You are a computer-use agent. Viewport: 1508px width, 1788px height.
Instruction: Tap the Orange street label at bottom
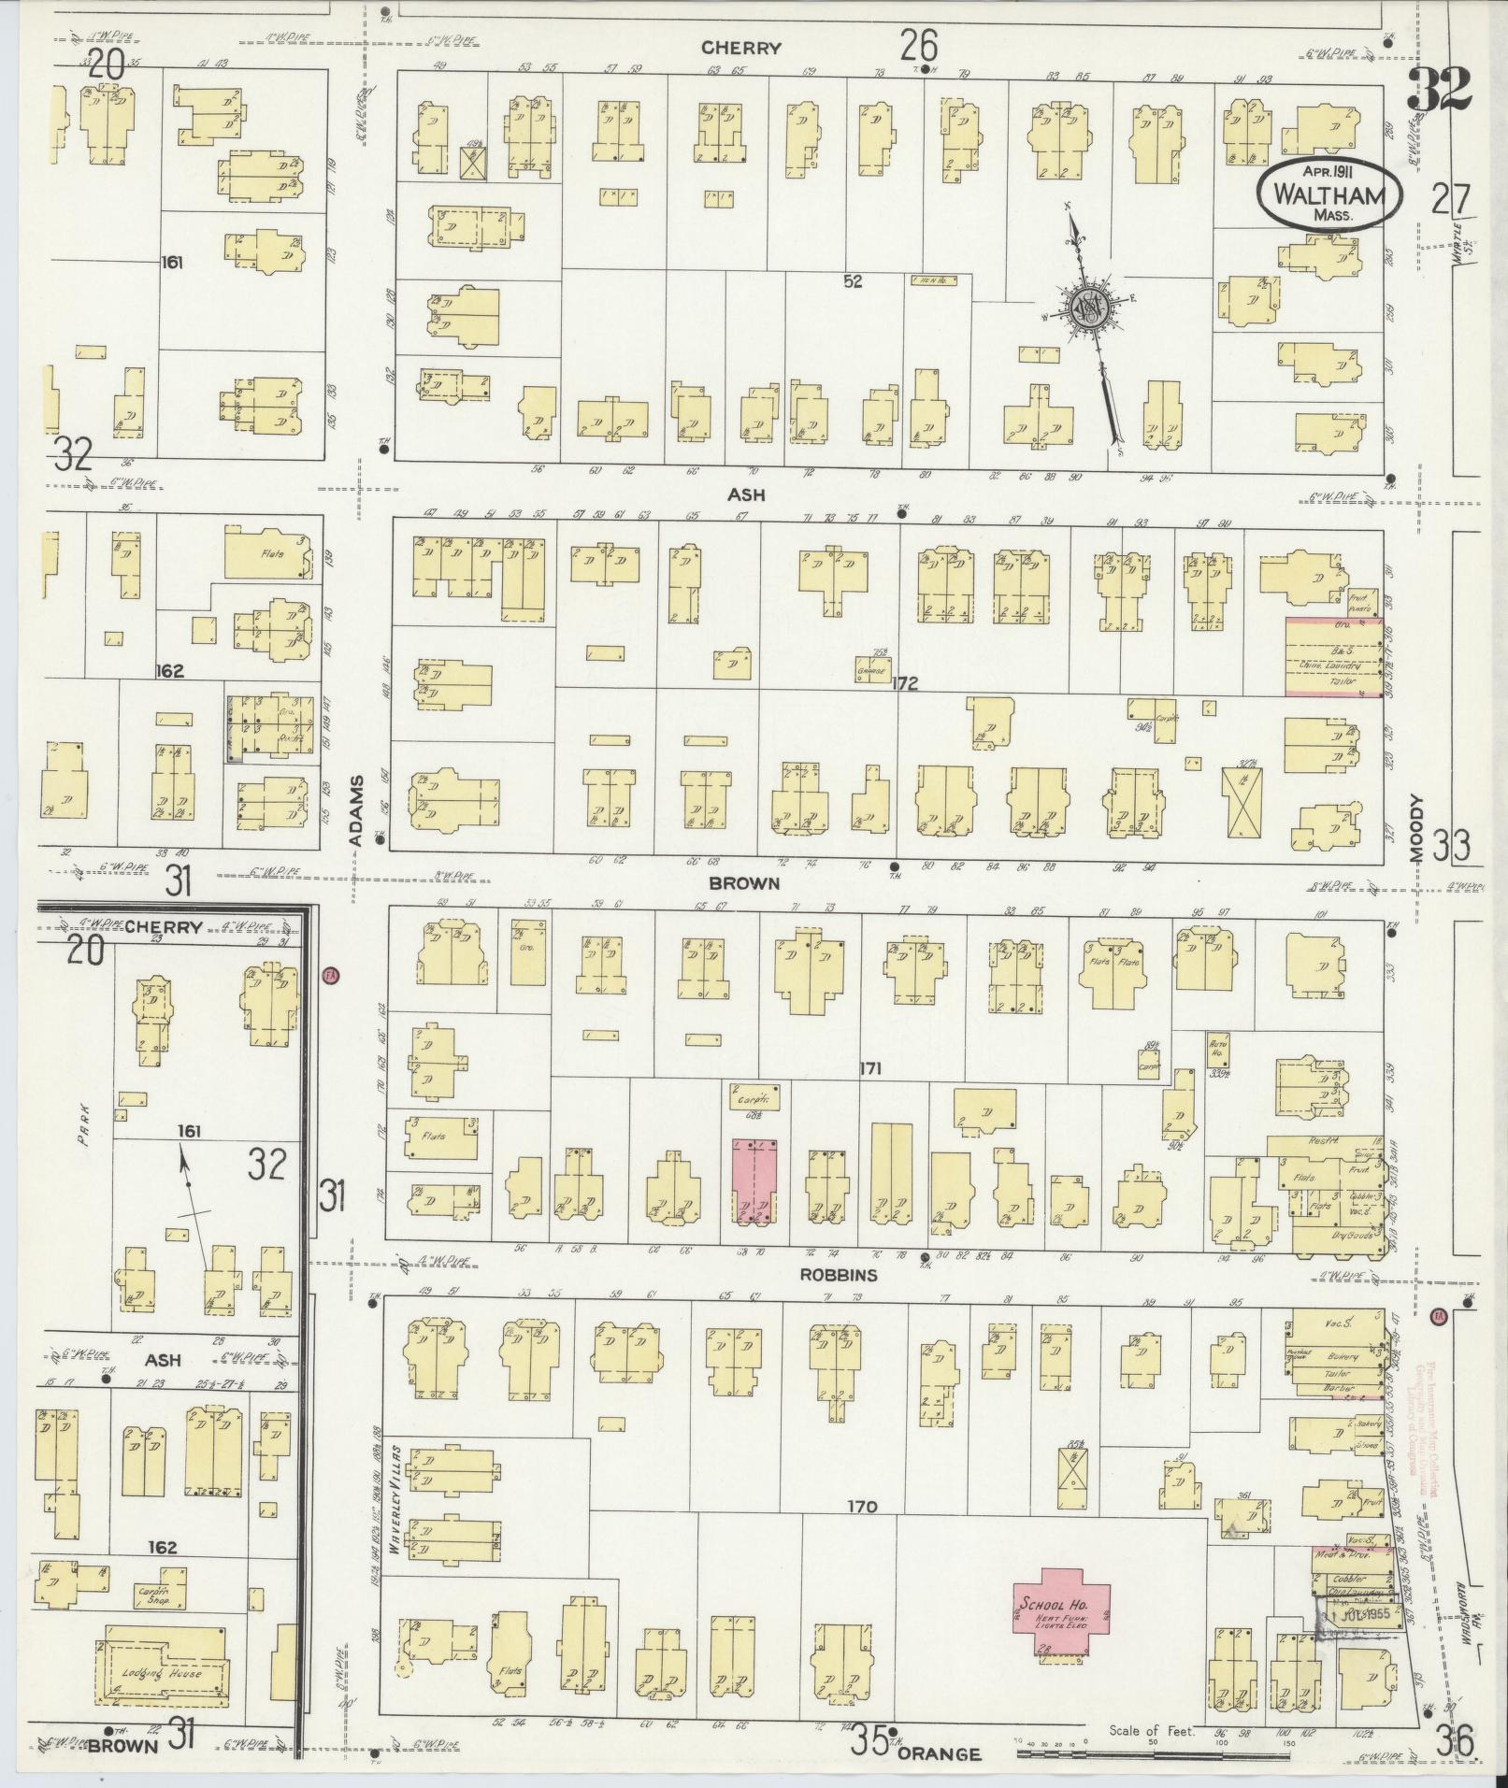pyautogui.click(x=939, y=1754)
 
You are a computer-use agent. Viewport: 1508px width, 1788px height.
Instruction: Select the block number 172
pyautogui.click(x=904, y=684)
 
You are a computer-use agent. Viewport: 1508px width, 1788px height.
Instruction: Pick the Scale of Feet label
pyautogui.click(x=1151, y=1731)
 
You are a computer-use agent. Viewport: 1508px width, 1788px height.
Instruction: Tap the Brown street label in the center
pyautogui.click(x=743, y=882)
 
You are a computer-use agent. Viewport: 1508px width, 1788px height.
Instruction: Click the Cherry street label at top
pyautogui.click(x=740, y=49)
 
